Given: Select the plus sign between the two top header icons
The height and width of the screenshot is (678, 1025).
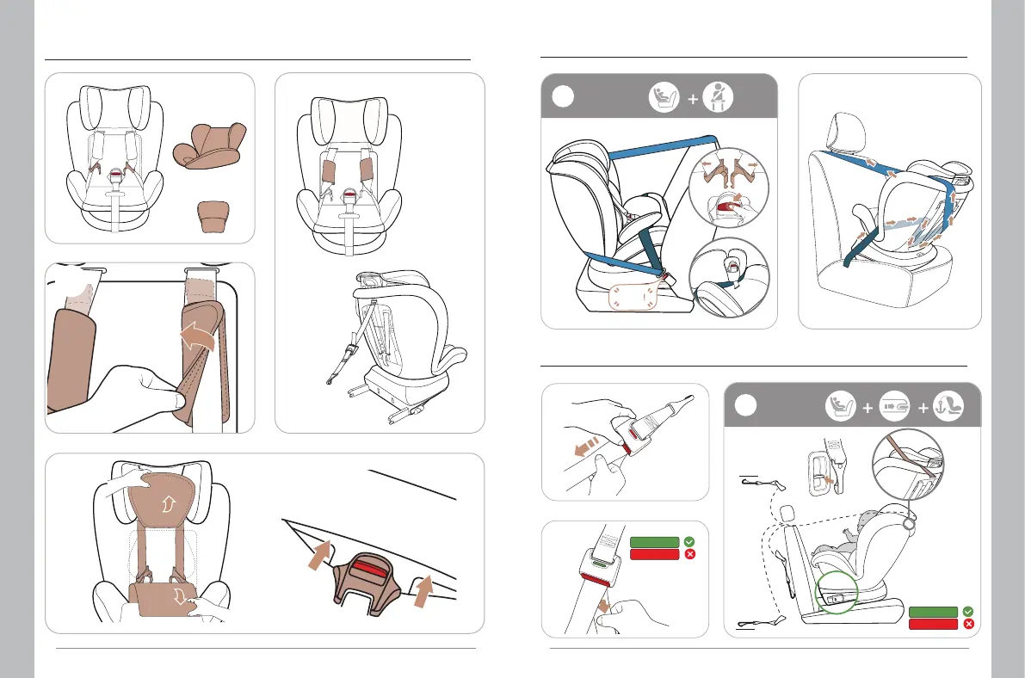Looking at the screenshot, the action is [692, 98].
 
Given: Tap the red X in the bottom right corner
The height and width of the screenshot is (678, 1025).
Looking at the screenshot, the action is [969, 624].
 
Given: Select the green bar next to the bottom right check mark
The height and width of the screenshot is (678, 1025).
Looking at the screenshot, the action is [934, 612].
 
